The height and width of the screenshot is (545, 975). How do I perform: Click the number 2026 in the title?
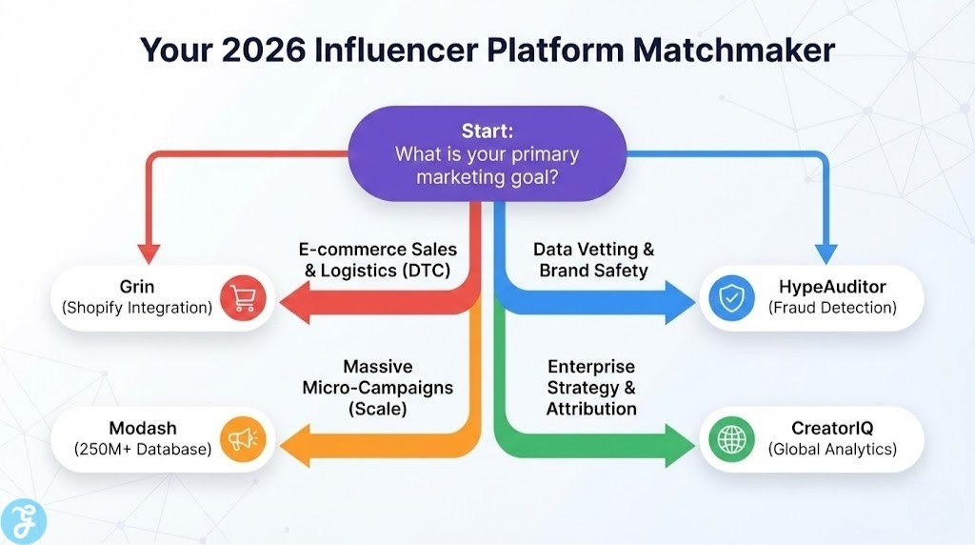266,50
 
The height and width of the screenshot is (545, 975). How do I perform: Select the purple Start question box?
487,152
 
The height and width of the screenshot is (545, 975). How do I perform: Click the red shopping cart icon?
242,298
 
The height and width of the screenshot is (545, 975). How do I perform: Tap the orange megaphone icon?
242,438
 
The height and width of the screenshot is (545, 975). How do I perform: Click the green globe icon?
732,438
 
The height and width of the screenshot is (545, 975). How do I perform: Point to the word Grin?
137,287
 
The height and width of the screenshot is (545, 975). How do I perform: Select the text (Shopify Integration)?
137,308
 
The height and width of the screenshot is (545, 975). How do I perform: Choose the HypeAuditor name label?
832,287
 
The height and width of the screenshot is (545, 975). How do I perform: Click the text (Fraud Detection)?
832,308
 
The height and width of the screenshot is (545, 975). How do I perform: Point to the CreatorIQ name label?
832,428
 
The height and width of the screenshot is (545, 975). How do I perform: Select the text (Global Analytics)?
832,448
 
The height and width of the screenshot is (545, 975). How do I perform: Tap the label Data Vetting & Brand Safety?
593,259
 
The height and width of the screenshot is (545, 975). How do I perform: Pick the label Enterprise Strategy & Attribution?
591,388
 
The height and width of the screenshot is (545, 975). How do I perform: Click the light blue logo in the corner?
24,520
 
